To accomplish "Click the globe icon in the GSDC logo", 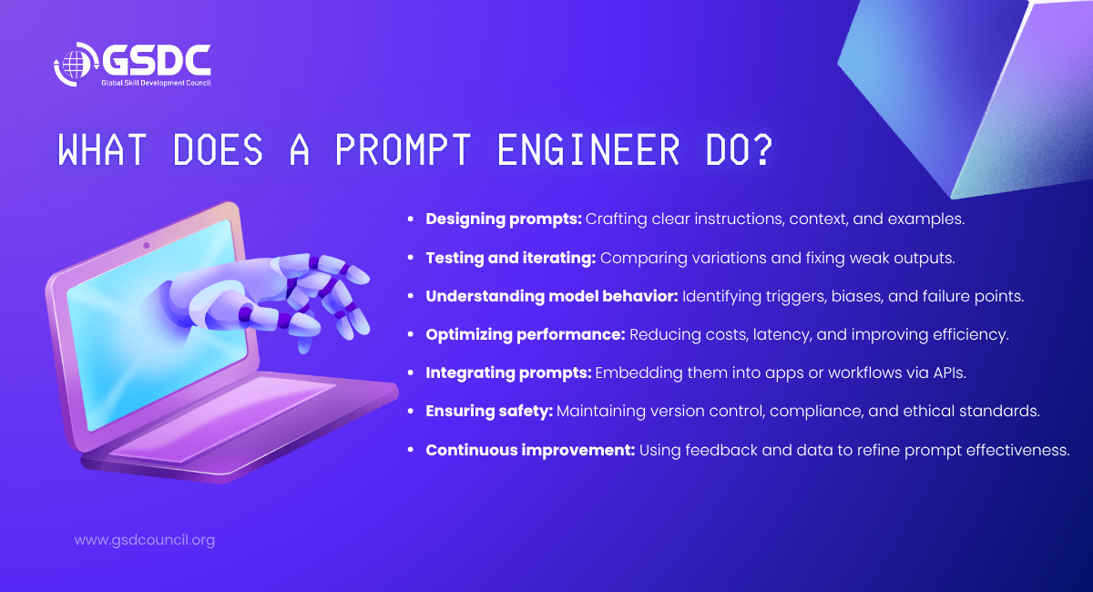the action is click(x=73, y=64).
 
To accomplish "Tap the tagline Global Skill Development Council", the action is click(x=156, y=83).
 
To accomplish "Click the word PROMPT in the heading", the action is click(x=403, y=149).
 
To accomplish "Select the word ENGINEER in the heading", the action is click(x=588, y=149).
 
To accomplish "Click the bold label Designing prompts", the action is click(x=504, y=219).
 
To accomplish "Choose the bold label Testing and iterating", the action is click(x=511, y=258).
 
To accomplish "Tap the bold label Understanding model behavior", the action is click(x=552, y=296).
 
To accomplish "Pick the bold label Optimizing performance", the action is click(x=526, y=334).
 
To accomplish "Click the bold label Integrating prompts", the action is click(x=508, y=373).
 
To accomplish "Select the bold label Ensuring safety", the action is click(x=489, y=411).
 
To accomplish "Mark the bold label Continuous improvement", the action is click(x=530, y=450).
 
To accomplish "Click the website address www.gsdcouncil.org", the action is click(x=145, y=540).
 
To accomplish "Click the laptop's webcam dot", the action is click(x=147, y=246).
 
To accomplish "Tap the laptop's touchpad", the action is click(x=223, y=420).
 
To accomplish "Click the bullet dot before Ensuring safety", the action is click(x=411, y=412).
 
